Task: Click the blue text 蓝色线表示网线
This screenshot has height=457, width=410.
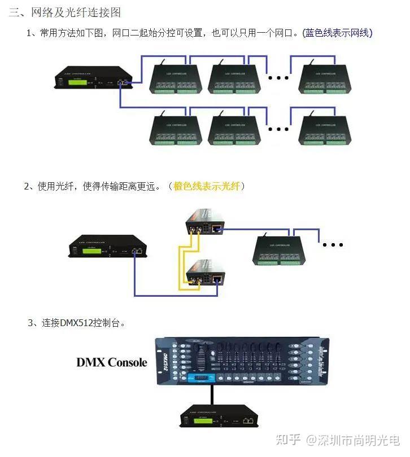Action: (x=337, y=33)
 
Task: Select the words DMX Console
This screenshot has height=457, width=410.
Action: (x=111, y=362)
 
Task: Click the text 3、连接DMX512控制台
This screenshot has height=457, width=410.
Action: (x=76, y=323)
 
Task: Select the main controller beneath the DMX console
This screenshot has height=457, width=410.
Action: (x=216, y=418)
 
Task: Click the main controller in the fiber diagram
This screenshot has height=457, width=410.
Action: (x=107, y=248)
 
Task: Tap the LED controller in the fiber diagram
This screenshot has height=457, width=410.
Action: (x=280, y=249)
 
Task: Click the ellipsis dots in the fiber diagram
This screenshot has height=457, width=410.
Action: (x=333, y=245)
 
